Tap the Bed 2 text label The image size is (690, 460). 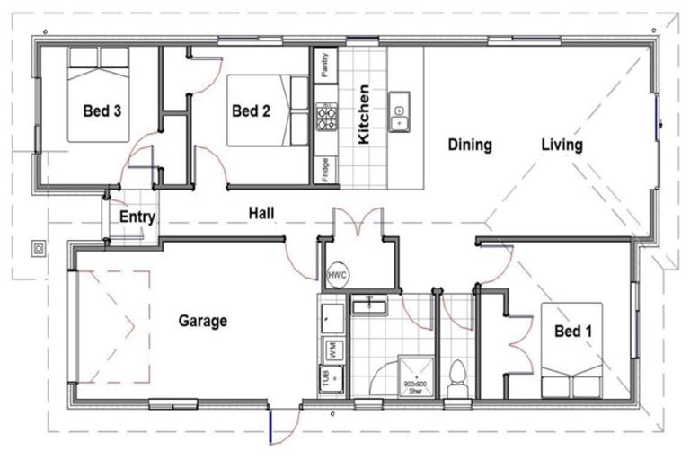click(x=251, y=111)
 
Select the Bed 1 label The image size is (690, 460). click(x=572, y=332)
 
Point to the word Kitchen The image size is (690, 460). click(x=364, y=115)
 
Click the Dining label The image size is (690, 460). click(x=470, y=145)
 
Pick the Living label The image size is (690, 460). click(x=562, y=145)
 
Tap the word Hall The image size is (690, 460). click(x=261, y=213)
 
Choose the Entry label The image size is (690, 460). click(x=137, y=217)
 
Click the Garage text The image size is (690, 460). click(x=202, y=321)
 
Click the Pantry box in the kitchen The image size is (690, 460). click(x=324, y=66)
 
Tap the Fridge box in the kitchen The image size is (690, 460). click(x=324, y=170)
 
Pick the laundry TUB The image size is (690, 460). click(x=326, y=379)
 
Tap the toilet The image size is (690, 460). click(x=457, y=375)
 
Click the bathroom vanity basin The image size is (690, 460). click(x=368, y=307)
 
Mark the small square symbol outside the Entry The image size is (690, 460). click(x=39, y=247)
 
